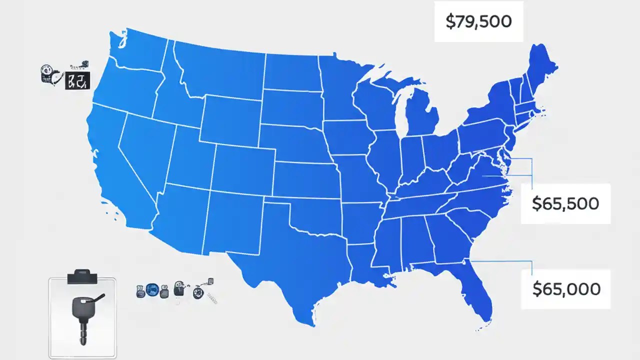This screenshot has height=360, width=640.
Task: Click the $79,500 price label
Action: [x=478, y=22]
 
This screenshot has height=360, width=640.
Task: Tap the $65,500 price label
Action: [x=565, y=203]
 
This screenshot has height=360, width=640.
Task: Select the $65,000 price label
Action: [x=566, y=288]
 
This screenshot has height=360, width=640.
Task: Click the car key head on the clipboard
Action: [x=82, y=306]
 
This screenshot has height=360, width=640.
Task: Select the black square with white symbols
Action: [x=77, y=80]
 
